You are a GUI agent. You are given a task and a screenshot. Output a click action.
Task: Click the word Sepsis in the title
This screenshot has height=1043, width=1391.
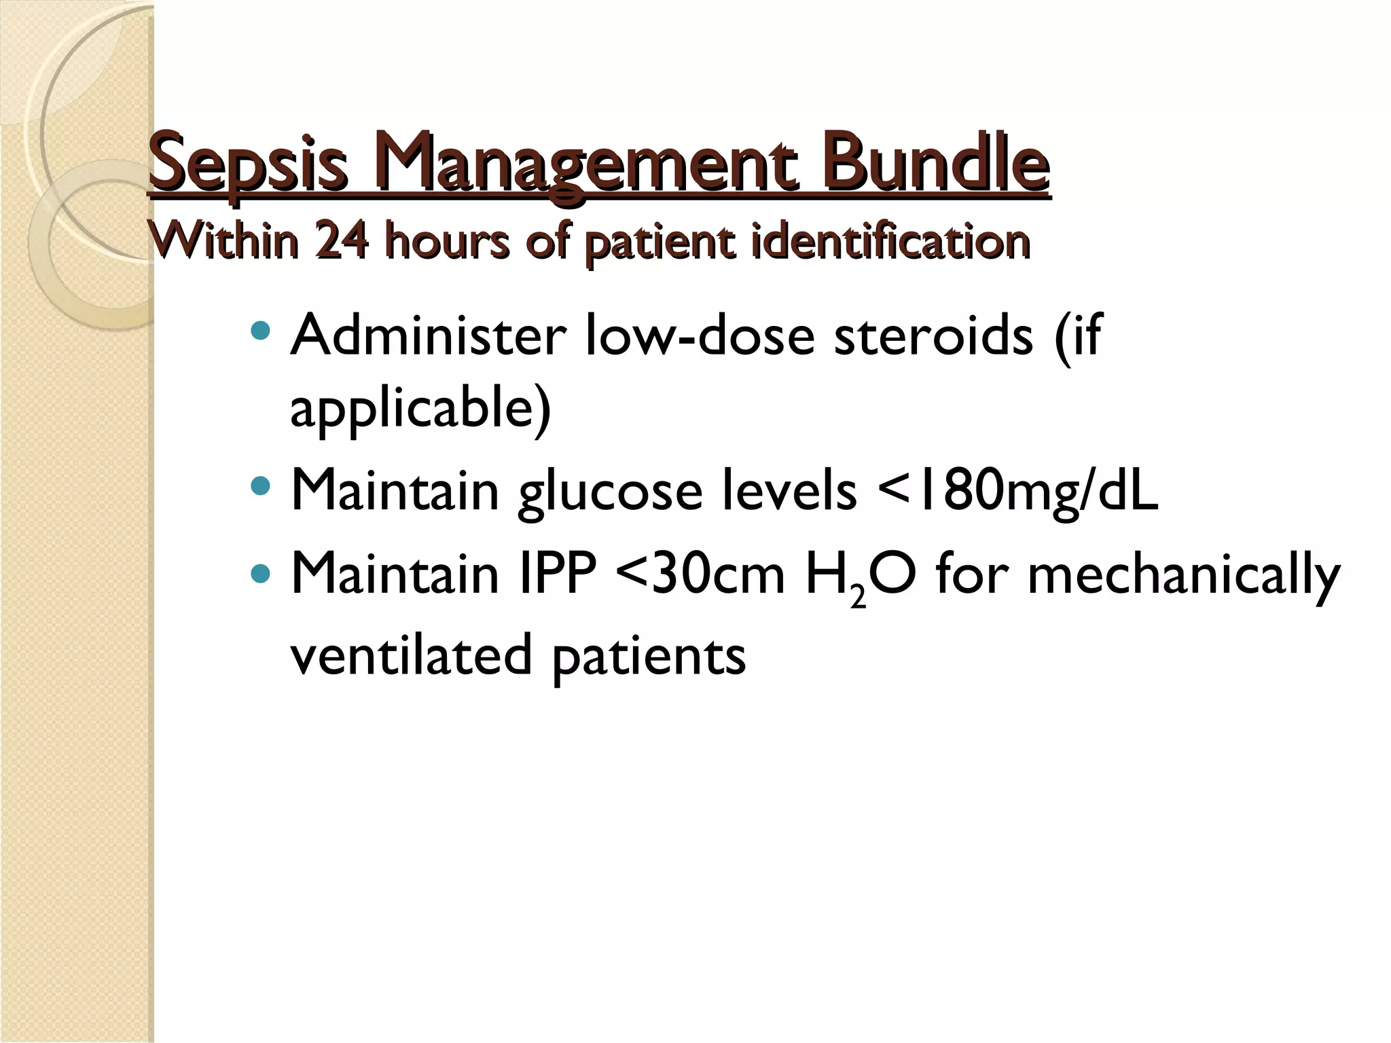point(248,163)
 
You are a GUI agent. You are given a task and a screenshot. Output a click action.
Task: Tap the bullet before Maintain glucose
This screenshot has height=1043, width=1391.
point(260,486)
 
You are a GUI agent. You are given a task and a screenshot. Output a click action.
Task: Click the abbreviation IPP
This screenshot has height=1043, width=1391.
point(557,574)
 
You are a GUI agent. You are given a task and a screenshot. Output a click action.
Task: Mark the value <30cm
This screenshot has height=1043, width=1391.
point(700,574)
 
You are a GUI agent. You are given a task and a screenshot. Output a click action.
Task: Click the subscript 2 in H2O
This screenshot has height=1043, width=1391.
point(858,597)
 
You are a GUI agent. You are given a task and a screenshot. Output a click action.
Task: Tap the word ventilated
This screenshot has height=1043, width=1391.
point(411,655)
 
